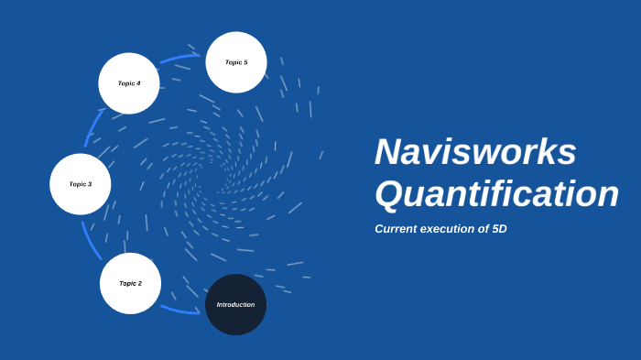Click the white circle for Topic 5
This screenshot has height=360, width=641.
point(236,62)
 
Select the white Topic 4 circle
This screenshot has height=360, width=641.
point(129,83)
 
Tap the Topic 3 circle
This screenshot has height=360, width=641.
point(81,184)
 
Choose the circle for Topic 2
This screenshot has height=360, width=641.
point(131,284)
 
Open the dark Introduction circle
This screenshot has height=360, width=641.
point(235,304)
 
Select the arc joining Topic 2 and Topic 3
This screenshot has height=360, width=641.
point(91,241)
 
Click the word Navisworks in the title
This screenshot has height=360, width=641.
point(475,152)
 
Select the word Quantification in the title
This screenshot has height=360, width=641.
point(496,194)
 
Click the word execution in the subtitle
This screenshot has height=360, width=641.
point(449,229)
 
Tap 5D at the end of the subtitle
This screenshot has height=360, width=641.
point(499,229)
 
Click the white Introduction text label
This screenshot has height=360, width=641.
point(235,304)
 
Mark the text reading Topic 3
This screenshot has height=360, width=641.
point(81,184)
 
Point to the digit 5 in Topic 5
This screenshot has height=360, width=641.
point(245,62)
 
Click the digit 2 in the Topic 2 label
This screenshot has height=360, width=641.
point(139,284)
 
